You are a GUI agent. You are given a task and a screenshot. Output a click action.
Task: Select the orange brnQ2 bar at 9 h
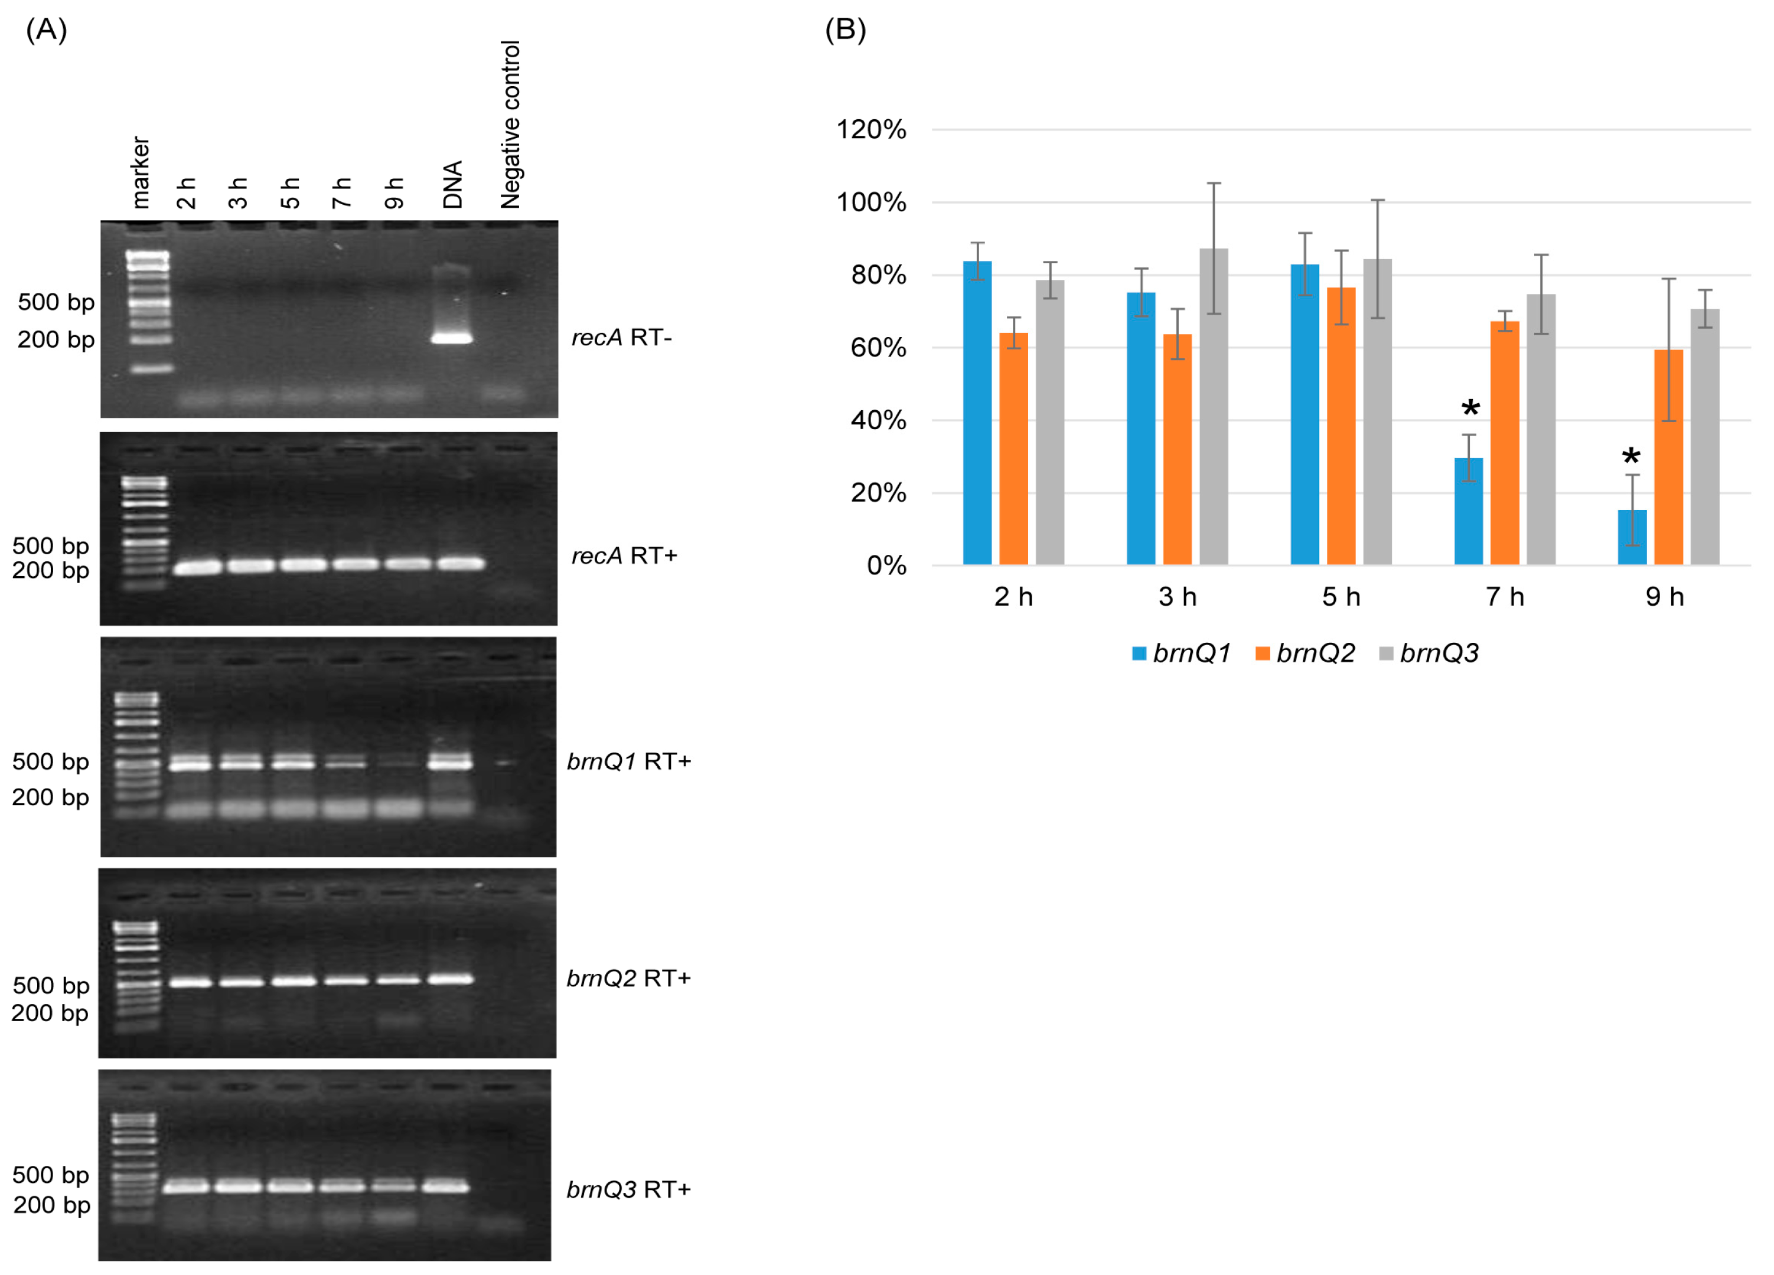click(1668, 457)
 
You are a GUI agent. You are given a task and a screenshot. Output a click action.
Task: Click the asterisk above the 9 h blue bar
click(1631, 457)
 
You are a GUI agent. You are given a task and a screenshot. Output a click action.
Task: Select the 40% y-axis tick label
click(878, 420)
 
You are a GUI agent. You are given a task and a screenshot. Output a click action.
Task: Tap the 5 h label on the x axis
click(1341, 597)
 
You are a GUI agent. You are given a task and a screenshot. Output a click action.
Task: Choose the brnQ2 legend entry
click(1306, 653)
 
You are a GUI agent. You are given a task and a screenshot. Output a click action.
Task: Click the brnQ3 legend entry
click(1430, 653)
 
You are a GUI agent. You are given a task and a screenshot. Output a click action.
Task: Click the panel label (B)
click(844, 30)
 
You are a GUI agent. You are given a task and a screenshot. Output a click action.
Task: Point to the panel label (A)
click(46, 30)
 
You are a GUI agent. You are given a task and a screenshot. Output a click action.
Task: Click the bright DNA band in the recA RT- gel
click(453, 338)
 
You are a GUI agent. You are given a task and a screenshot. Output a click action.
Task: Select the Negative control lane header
click(510, 125)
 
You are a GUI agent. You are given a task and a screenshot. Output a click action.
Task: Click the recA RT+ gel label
click(624, 556)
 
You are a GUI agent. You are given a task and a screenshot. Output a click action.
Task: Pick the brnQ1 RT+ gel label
click(628, 761)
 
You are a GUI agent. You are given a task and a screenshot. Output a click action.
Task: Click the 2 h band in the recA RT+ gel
click(198, 567)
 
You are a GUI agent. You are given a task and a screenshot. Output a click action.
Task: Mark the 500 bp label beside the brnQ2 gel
click(51, 985)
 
